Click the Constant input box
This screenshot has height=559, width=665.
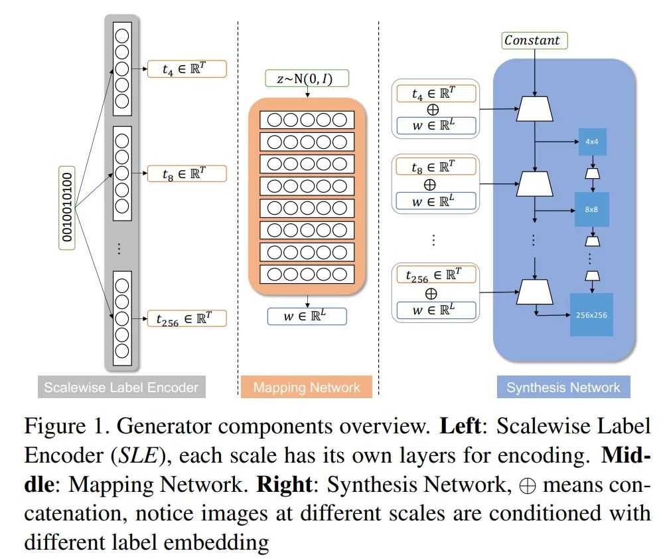[534, 41]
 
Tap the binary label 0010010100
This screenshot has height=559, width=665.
[66, 207]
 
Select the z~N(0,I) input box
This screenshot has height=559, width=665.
[307, 78]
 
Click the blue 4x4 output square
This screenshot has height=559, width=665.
[591, 142]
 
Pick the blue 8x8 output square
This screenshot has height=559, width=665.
[591, 209]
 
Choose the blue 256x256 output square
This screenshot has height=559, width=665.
[591, 315]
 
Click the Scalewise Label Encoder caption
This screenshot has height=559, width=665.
[121, 387]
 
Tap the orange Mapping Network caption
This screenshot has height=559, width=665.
[306, 387]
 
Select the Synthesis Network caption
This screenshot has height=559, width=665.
[563, 387]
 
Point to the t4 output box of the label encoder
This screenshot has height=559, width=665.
[186, 69]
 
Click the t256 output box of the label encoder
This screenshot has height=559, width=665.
[186, 318]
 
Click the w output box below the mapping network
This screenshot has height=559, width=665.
[307, 316]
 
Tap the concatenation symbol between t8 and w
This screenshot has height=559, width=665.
[430, 185]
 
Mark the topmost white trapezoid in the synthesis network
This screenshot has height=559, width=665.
[534, 109]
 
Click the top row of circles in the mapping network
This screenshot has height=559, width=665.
[307, 120]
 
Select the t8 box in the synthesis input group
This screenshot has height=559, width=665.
[435, 167]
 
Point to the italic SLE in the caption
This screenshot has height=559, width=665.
[138, 455]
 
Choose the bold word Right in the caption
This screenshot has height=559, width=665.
[284, 485]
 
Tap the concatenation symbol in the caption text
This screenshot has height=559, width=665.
[527, 485]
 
